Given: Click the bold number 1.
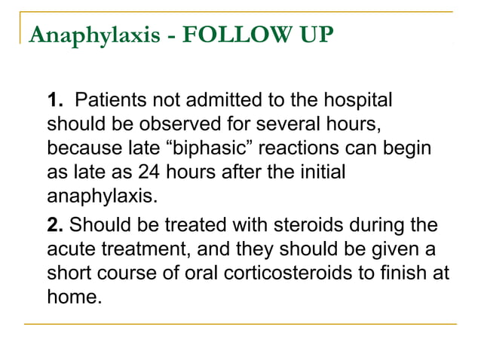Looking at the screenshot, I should click(x=54, y=100).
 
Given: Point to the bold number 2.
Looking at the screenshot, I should click(x=54, y=224).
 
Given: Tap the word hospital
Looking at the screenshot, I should click(x=357, y=100).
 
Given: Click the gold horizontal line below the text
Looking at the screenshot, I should click(x=240, y=325).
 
